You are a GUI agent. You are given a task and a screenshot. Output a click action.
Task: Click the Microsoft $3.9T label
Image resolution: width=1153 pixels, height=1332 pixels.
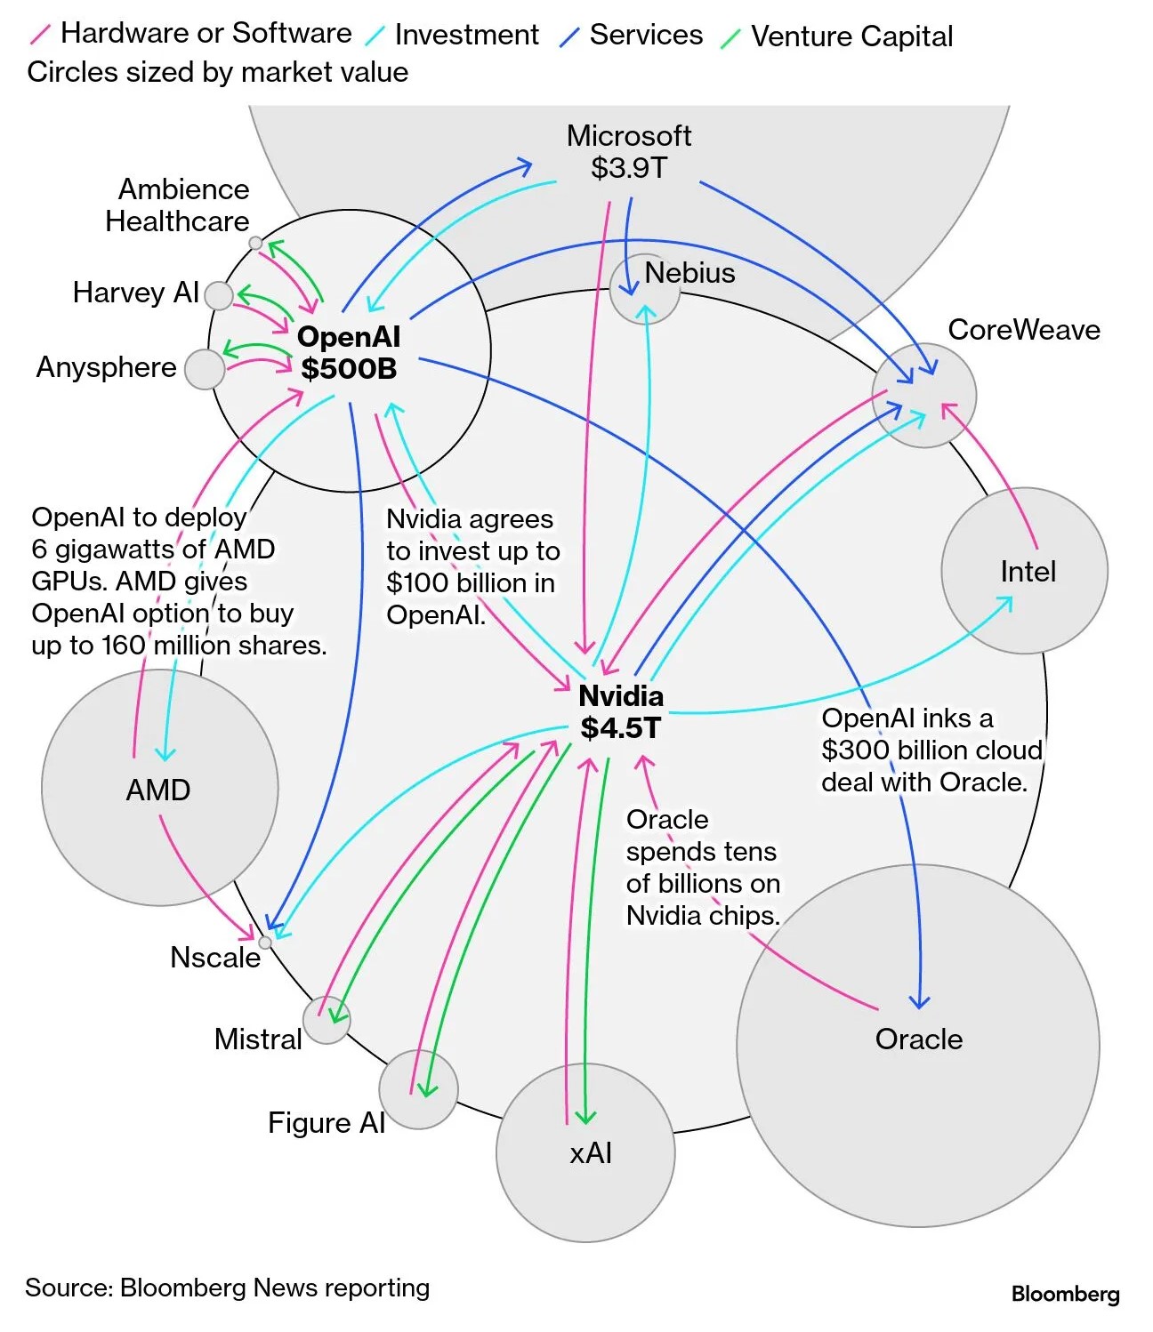[629, 152]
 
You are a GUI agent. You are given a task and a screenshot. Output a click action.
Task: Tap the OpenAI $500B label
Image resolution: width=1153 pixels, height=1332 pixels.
[349, 352]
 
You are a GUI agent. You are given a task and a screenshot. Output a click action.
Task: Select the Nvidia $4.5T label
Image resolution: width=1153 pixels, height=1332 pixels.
[621, 711]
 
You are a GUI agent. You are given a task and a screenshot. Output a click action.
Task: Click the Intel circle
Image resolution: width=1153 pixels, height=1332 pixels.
[1025, 571]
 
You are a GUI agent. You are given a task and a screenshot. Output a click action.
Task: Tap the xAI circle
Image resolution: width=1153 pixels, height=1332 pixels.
[585, 1152]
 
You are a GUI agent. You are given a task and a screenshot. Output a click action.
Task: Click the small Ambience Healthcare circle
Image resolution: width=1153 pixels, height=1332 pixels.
[255, 243]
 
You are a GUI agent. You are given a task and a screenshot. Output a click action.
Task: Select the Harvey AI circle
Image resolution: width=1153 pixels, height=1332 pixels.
[219, 295]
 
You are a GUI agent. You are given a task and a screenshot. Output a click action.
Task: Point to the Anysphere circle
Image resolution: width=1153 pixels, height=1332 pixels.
[205, 368]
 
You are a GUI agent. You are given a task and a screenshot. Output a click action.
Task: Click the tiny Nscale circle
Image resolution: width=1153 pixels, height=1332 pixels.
[264, 943]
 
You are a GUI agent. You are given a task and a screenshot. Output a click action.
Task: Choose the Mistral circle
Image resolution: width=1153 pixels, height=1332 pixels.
[327, 1020]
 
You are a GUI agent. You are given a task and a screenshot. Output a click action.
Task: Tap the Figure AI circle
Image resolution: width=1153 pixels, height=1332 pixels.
[418, 1089]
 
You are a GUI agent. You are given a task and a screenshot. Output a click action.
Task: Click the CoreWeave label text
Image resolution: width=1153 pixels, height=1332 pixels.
[1024, 330]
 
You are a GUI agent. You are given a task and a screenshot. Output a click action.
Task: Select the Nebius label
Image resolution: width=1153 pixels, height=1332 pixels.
[689, 273]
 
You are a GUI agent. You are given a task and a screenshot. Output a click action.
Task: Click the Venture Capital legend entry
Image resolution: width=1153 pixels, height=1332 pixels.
[851, 36]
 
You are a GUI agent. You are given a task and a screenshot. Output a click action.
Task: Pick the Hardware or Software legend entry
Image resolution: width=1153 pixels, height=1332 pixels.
[206, 33]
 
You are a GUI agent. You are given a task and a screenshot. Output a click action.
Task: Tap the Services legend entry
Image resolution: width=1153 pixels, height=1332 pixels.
[646, 35]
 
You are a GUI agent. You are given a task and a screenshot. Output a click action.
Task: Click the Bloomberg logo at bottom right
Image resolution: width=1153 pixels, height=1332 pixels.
[1065, 1294]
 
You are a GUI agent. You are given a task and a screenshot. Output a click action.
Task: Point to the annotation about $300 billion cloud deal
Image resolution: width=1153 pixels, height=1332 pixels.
[931, 750]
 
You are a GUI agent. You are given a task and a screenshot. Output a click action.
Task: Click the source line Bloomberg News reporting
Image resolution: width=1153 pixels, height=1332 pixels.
[227, 1288]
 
